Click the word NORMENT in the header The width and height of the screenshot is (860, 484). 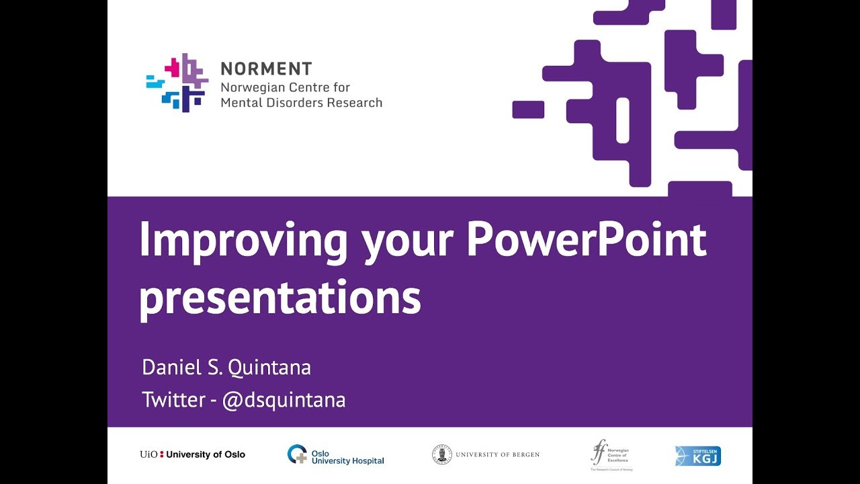pyautogui.click(x=266, y=69)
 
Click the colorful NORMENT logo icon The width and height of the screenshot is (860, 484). pyautogui.click(x=177, y=82)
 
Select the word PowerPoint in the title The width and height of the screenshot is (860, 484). pyautogui.click(x=586, y=239)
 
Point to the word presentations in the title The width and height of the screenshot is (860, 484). pyautogui.click(x=279, y=298)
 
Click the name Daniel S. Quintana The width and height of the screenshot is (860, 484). pyautogui.click(x=226, y=368)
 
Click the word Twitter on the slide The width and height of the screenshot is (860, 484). pyautogui.click(x=173, y=400)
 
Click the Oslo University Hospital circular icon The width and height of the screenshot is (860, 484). pyautogui.click(x=297, y=454)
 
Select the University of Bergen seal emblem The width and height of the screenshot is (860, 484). pyautogui.click(x=441, y=454)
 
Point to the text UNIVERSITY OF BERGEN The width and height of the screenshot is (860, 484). pyautogui.click(x=497, y=455)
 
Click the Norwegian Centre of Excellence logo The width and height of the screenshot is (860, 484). pyautogui.click(x=610, y=454)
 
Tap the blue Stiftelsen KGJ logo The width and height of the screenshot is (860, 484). pyautogui.click(x=697, y=456)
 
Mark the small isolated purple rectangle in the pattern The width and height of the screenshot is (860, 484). pyautogui.click(x=528, y=110)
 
